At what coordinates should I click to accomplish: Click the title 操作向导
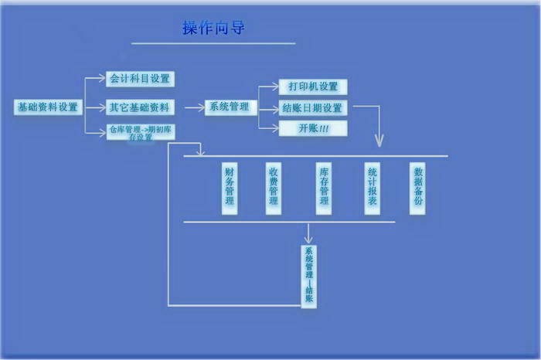pyautogui.click(x=214, y=28)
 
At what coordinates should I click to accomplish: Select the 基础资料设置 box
pyautogui.click(x=48, y=107)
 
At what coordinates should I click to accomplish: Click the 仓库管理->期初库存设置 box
pyautogui.click(x=140, y=132)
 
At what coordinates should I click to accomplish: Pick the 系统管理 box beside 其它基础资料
pyautogui.click(x=230, y=107)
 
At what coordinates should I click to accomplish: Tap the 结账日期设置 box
pyautogui.click(x=313, y=107)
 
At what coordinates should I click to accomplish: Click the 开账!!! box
pyautogui.click(x=313, y=128)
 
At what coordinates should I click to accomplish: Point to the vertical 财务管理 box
pyautogui.click(x=229, y=188)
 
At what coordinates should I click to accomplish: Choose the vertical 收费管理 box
pyautogui.click(x=273, y=188)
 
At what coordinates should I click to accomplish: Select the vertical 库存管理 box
pyautogui.click(x=324, y=188)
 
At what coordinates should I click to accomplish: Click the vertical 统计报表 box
pyautogui.click(x=372, y=188)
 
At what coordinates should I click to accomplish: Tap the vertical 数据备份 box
pyautogui.click(x=417, y=188)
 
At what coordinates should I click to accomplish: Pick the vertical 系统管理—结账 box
pyautogui.click(x=309, y=275)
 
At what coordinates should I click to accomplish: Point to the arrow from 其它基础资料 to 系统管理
pyautogui.click(x=190, y=107)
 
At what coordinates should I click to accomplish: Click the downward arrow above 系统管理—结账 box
pyautogui.click(x=309, y=233)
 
